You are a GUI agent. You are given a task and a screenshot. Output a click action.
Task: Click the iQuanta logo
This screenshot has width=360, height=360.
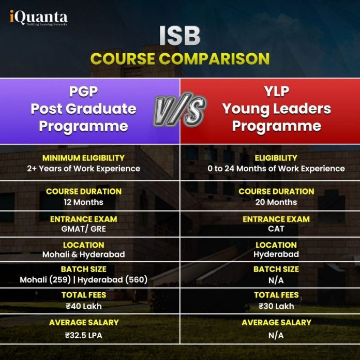pyautogui.click(x=38, y=18)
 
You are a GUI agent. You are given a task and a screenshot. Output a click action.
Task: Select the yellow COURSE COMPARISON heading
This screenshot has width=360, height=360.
pyautogui.click(x=179, y=58)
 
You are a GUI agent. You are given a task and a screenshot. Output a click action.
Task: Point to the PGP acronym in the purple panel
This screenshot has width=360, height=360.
pyautogui.click(x=83, y=92)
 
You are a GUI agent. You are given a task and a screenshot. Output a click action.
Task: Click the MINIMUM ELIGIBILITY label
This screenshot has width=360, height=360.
pyautogui.click(x=83, y=158)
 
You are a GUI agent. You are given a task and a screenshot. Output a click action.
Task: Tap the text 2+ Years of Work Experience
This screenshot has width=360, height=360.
pyautogui.click(x=83, y=169)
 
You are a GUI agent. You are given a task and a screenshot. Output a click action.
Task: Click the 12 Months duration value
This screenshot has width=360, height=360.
pyautogui.click(x=83, y=202)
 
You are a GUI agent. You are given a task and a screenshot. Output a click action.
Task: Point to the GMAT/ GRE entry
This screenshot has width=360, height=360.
pyautogui.click(x=83, y=229)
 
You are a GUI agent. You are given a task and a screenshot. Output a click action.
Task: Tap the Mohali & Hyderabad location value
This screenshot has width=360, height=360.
pyautogui.click(x=83, y=254)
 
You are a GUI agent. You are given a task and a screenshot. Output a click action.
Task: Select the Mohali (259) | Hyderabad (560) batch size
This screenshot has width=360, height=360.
pyautogui.click(x=83, y=279)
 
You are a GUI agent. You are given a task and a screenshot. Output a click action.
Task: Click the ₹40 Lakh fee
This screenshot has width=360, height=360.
pyautogui.click(x=83, y=306)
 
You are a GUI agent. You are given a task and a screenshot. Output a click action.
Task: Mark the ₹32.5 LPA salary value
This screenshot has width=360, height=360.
pyautogui.click(x=83, y=335)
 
